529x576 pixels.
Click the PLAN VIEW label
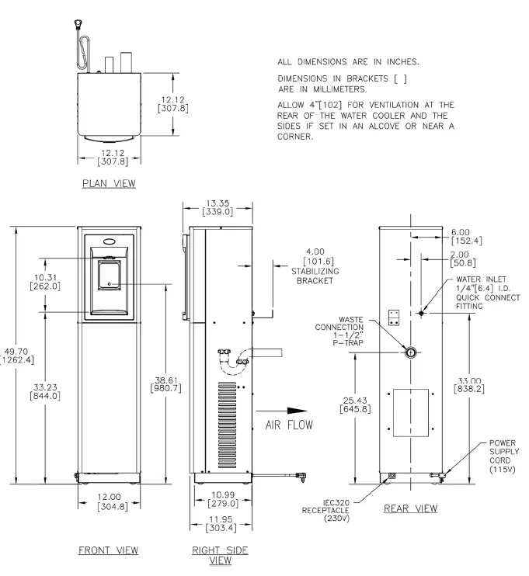point(108,183)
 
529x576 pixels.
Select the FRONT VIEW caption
point(109,550)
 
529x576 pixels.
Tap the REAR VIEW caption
point(409,509)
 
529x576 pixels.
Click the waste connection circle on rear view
point(409,352)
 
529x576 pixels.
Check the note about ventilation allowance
point(366,120)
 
